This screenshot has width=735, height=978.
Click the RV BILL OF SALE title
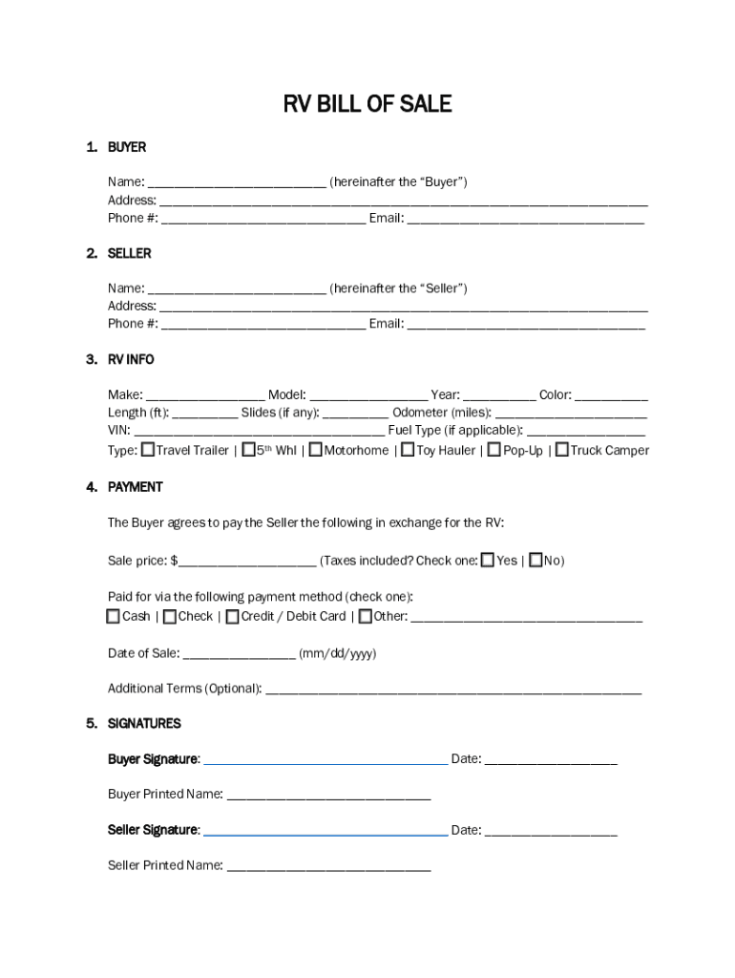[x=367, y=104]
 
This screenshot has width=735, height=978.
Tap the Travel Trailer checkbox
[x=148, y=449]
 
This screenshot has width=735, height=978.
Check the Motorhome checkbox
[x=315, y=449]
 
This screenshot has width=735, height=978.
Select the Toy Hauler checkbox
[x=408, y=449]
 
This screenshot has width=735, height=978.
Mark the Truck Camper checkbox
[x=562, y=449]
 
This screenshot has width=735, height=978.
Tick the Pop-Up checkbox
[x=494, y=449]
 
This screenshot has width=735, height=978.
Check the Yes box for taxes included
[x=488, y=560]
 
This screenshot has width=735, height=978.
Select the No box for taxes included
[x=535, y=560]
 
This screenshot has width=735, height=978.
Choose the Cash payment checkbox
[x=114, y=616]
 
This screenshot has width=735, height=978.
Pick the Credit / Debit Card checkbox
[x=233, y=616]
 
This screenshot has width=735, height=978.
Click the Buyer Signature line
[x=325, y=759]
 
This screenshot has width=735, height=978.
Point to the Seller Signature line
[x=325, y=830]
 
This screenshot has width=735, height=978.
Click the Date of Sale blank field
[x=239, y=654]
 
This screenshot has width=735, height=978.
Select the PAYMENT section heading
[x=135, y=487]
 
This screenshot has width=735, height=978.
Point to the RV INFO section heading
[x=131, y=359]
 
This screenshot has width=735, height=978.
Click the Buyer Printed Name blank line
[x=328, y=795]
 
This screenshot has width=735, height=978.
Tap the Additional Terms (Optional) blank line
[x=453, y=689]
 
